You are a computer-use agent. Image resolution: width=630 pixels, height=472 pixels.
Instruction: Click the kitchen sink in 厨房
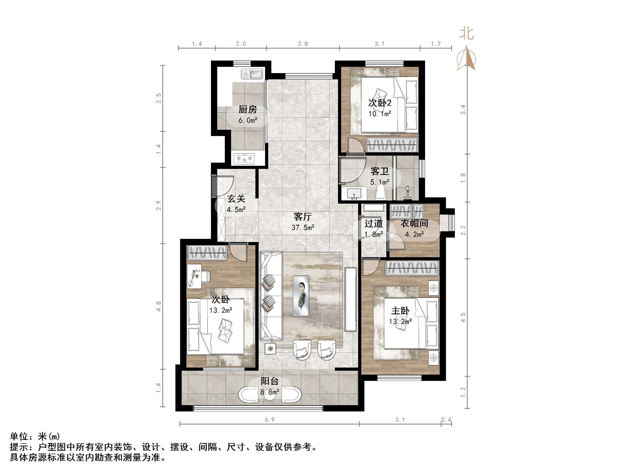[252, 75]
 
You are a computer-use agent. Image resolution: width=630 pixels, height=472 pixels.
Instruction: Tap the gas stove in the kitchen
[244, 158]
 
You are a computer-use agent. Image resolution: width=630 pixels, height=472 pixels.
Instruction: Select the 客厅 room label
[302, 217]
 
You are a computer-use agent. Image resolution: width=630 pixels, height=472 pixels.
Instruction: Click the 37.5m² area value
[302, 228]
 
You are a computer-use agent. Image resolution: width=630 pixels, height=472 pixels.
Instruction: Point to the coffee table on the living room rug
[301, 296]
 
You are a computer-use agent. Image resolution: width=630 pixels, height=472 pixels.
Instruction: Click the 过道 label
[373, 224]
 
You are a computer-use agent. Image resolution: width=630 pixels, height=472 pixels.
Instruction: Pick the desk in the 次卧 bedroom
[194, 276]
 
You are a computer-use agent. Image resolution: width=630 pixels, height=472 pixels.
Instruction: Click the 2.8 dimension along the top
[302, 44]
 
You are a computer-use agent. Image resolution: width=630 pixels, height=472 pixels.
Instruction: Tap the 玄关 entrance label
[236, 199]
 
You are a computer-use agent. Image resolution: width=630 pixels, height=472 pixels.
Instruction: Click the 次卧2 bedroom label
[380, 103]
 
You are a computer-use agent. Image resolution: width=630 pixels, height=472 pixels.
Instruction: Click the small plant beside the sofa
[270, 349]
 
